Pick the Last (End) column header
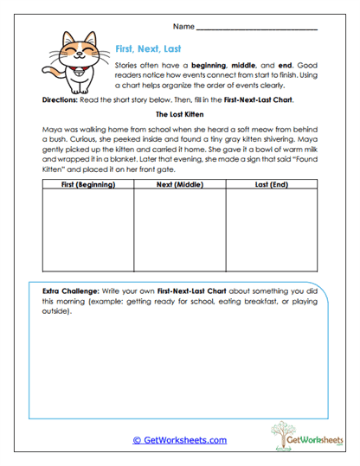coord(271,186)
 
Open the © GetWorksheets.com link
coord(179,439)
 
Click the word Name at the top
coord(184,28)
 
